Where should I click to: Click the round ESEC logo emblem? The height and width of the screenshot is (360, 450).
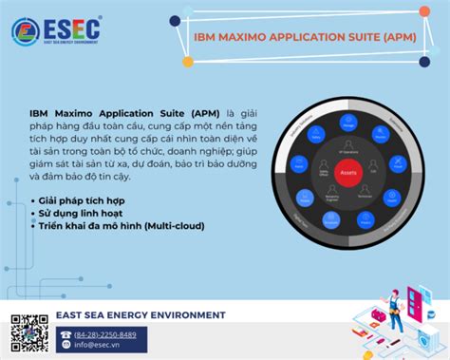[x=26, y=31]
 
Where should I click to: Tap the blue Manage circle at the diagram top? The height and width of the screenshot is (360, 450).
[x=347, y=122]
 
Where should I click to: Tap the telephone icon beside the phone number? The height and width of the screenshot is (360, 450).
[x=66, y=334]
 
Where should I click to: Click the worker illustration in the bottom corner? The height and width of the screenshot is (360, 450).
[x=398, y=314]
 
